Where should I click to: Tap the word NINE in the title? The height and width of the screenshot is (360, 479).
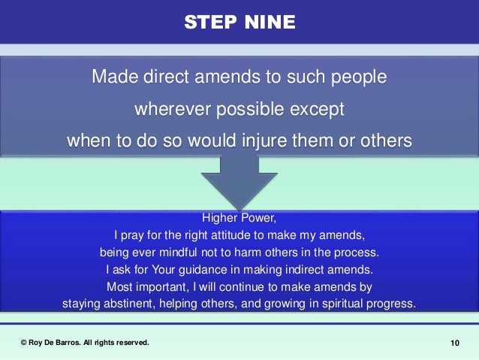click(x=268, y=22)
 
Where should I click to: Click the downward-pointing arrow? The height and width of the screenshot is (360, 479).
click(x=239, y=183)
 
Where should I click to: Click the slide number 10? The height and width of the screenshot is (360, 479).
click(x=454, y=343)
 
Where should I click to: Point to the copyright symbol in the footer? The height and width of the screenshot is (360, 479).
click(x=23, y=343)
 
